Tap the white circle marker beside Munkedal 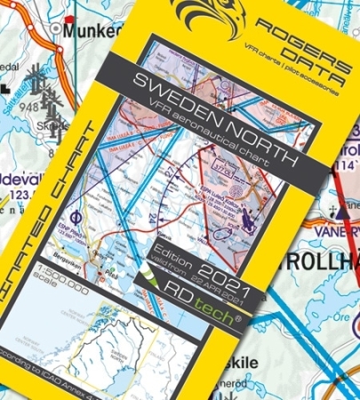coord(58,29)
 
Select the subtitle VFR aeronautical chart coord(209,133)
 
